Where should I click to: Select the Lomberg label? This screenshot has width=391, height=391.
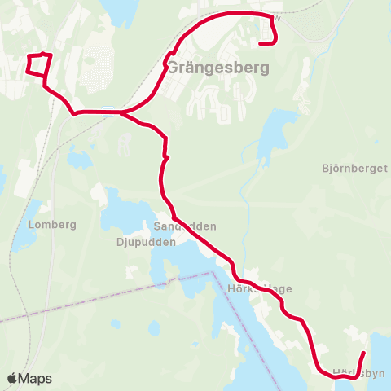(51, 225)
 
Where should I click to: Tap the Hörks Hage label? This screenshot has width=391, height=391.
(260, 288)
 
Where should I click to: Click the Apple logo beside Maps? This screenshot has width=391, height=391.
(13, 379)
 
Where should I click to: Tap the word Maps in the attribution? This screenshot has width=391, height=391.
(35, 379)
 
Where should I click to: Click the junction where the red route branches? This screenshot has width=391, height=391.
(122, 112)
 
